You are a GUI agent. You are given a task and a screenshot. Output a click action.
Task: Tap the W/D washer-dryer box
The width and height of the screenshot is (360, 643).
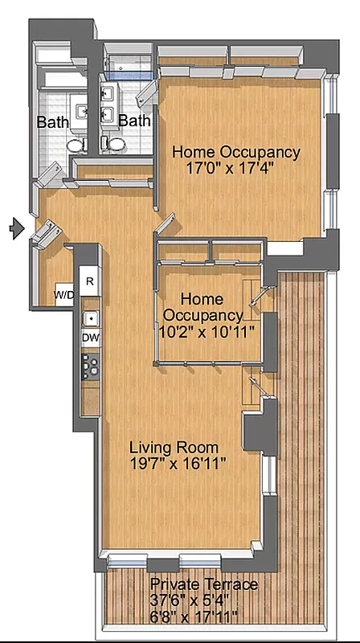click(x=64, y=294)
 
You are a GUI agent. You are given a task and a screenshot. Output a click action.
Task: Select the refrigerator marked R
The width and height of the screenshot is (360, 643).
click(x=89, y=281)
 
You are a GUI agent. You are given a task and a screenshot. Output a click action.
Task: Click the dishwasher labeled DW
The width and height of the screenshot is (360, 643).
click(x=90, y=338)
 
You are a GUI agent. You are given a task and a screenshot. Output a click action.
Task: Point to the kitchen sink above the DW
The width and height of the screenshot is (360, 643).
click(x=90, y=317)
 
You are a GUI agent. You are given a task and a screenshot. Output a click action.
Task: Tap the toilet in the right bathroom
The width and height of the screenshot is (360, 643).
click(x=113, y=144)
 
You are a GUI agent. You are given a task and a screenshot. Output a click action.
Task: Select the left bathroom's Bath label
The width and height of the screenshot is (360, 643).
click(x=53, y=123)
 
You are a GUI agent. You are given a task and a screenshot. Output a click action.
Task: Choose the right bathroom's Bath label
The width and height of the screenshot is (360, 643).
click(x=134, y=121)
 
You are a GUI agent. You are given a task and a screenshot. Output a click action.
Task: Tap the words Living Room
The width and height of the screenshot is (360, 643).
click(x=174, y=447)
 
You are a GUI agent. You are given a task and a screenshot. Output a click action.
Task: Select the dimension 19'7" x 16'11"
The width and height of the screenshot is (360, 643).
click(x=178, y=464)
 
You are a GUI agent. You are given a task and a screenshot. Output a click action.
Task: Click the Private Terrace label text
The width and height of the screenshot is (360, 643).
click(x=204, y=584)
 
